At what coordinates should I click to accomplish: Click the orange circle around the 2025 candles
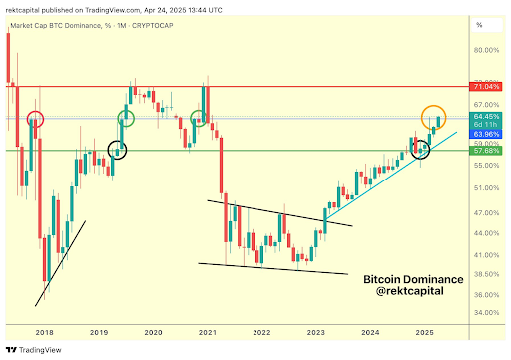point(433,116)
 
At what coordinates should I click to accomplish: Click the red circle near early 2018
point(36,120)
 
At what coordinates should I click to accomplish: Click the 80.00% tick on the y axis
point(487,50)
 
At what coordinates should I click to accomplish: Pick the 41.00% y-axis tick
point(487,255)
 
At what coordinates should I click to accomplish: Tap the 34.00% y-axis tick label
point(487,313)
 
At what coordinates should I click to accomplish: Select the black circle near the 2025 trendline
point(420,150)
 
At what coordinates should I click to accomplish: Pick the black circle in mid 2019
point(118,151)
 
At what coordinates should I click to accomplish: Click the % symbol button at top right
point(479,25)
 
